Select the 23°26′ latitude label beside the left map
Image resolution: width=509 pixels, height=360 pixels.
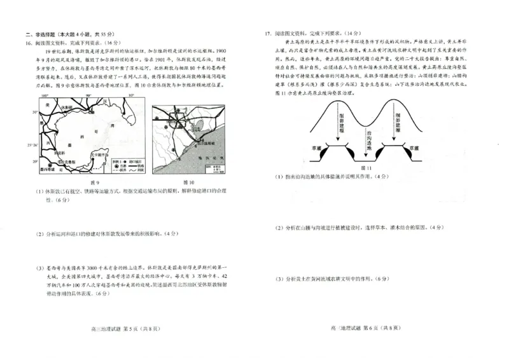pyautogui.click(x=34, y=146)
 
